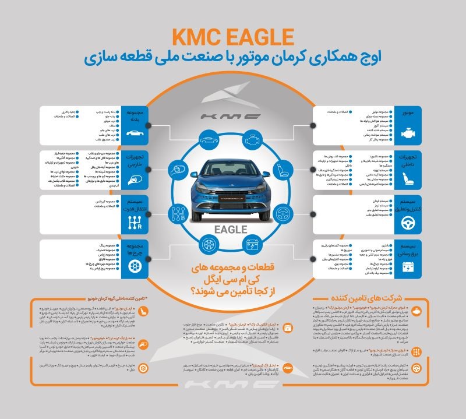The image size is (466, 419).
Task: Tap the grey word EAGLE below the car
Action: [x=233, y=228]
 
